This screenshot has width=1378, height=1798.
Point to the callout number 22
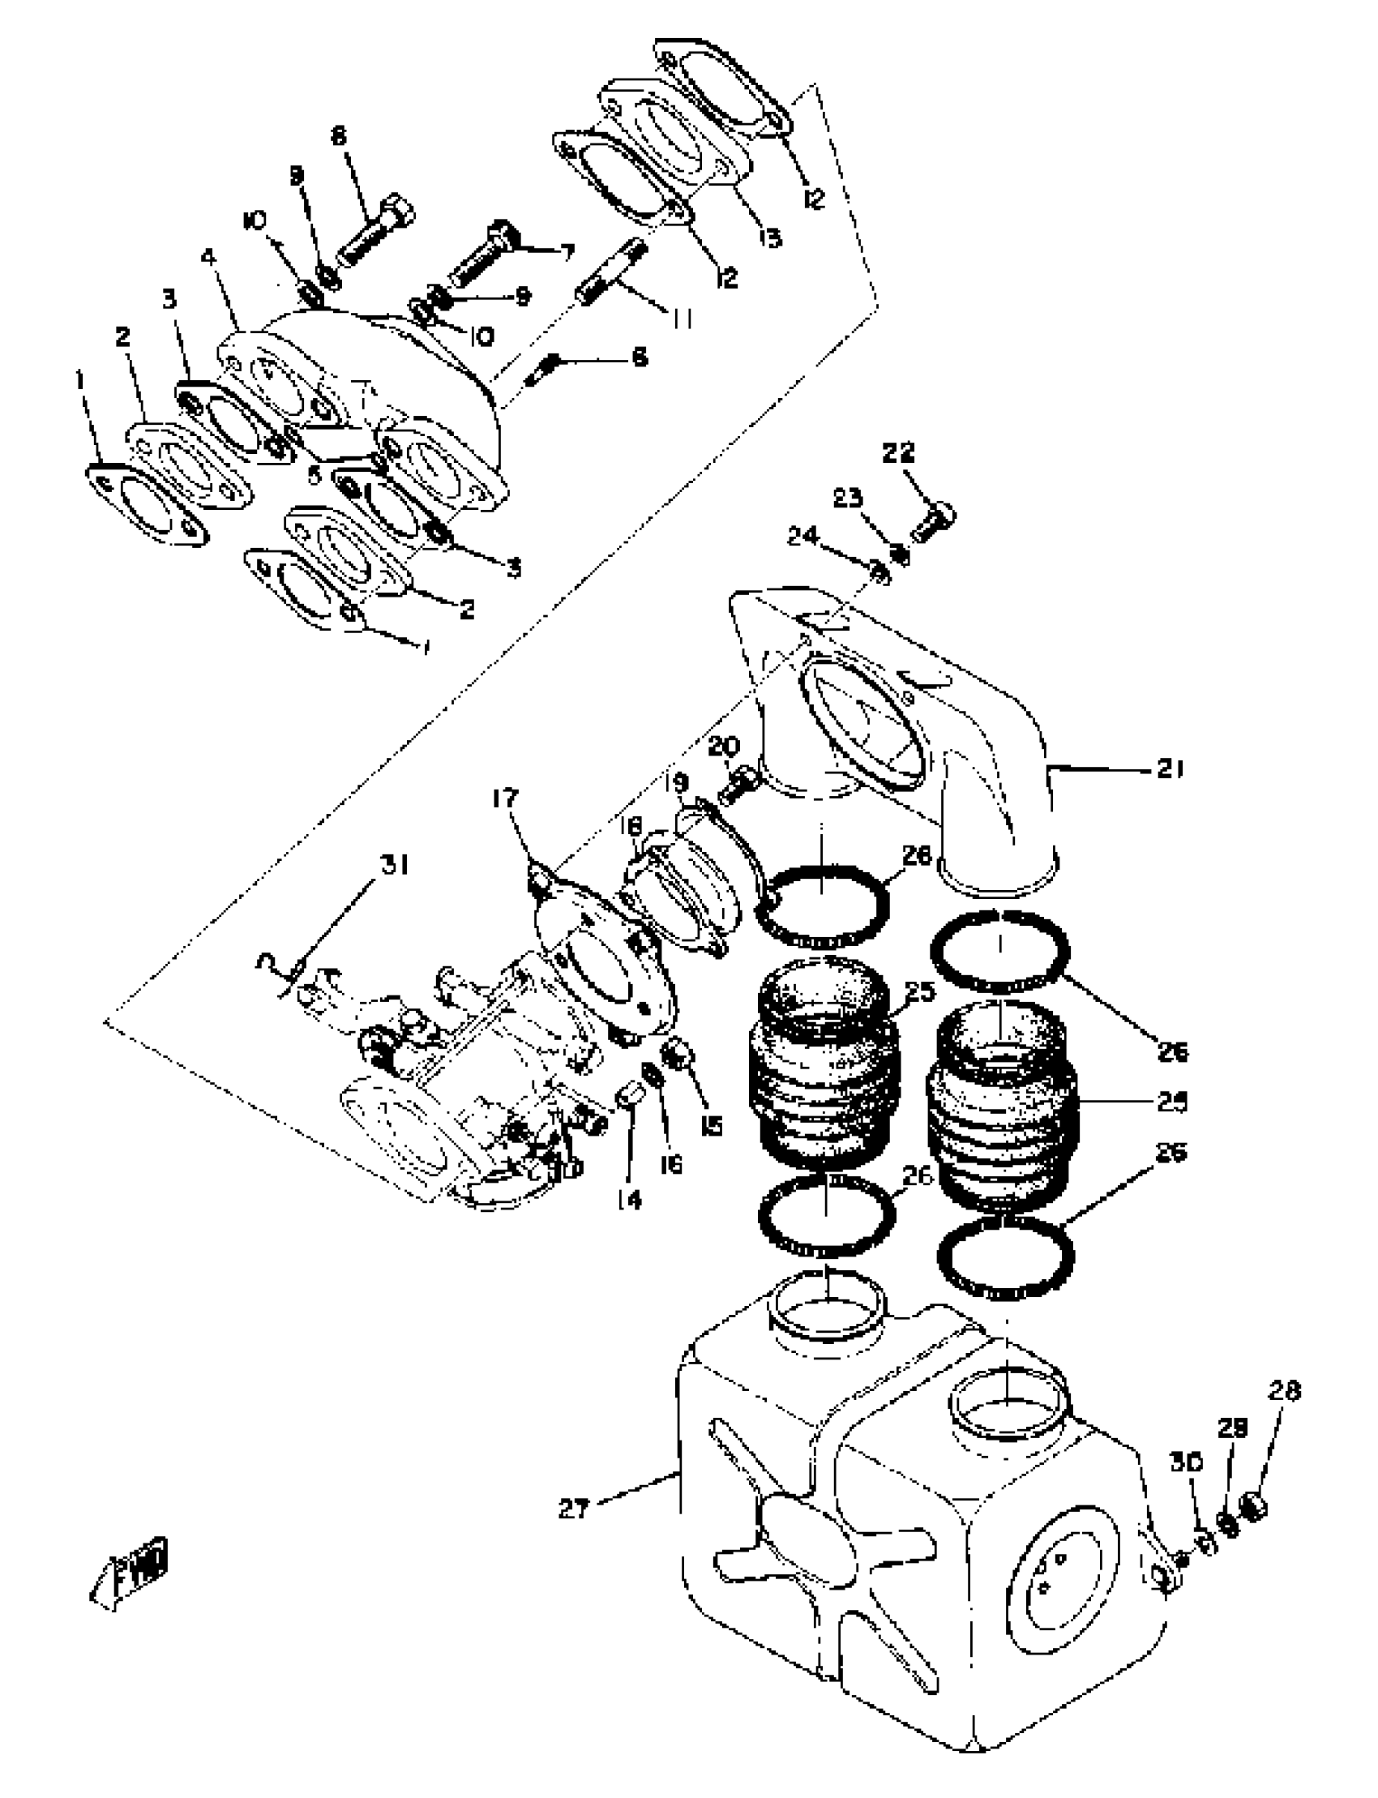(898, 453)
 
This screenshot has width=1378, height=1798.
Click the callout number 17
(506, 798)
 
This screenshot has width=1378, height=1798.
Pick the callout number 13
(769, 238)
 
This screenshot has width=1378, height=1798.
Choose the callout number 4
(209, 257)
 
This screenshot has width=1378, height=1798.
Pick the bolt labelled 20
(738, 783)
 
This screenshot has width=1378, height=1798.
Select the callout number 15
(712, 1125)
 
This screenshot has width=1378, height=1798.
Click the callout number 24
(803, 537)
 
